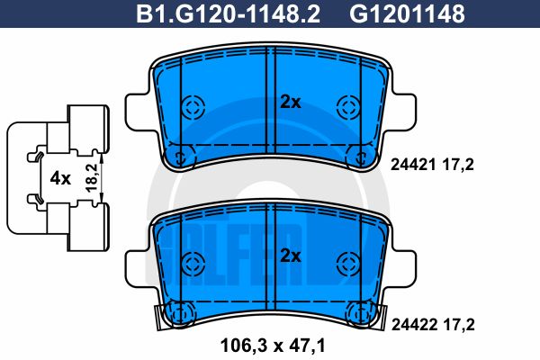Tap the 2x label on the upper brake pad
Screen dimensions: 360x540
tap(289, 103)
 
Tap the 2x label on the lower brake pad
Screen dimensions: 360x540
tap(289, 254)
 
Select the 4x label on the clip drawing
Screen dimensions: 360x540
tap(60, 177)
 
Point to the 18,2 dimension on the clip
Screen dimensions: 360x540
tap(90, 176)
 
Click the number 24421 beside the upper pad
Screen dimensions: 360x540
tap(411, 165)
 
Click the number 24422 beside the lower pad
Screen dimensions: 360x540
tap(411, 320)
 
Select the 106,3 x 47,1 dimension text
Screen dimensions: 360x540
tap(273, 343)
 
